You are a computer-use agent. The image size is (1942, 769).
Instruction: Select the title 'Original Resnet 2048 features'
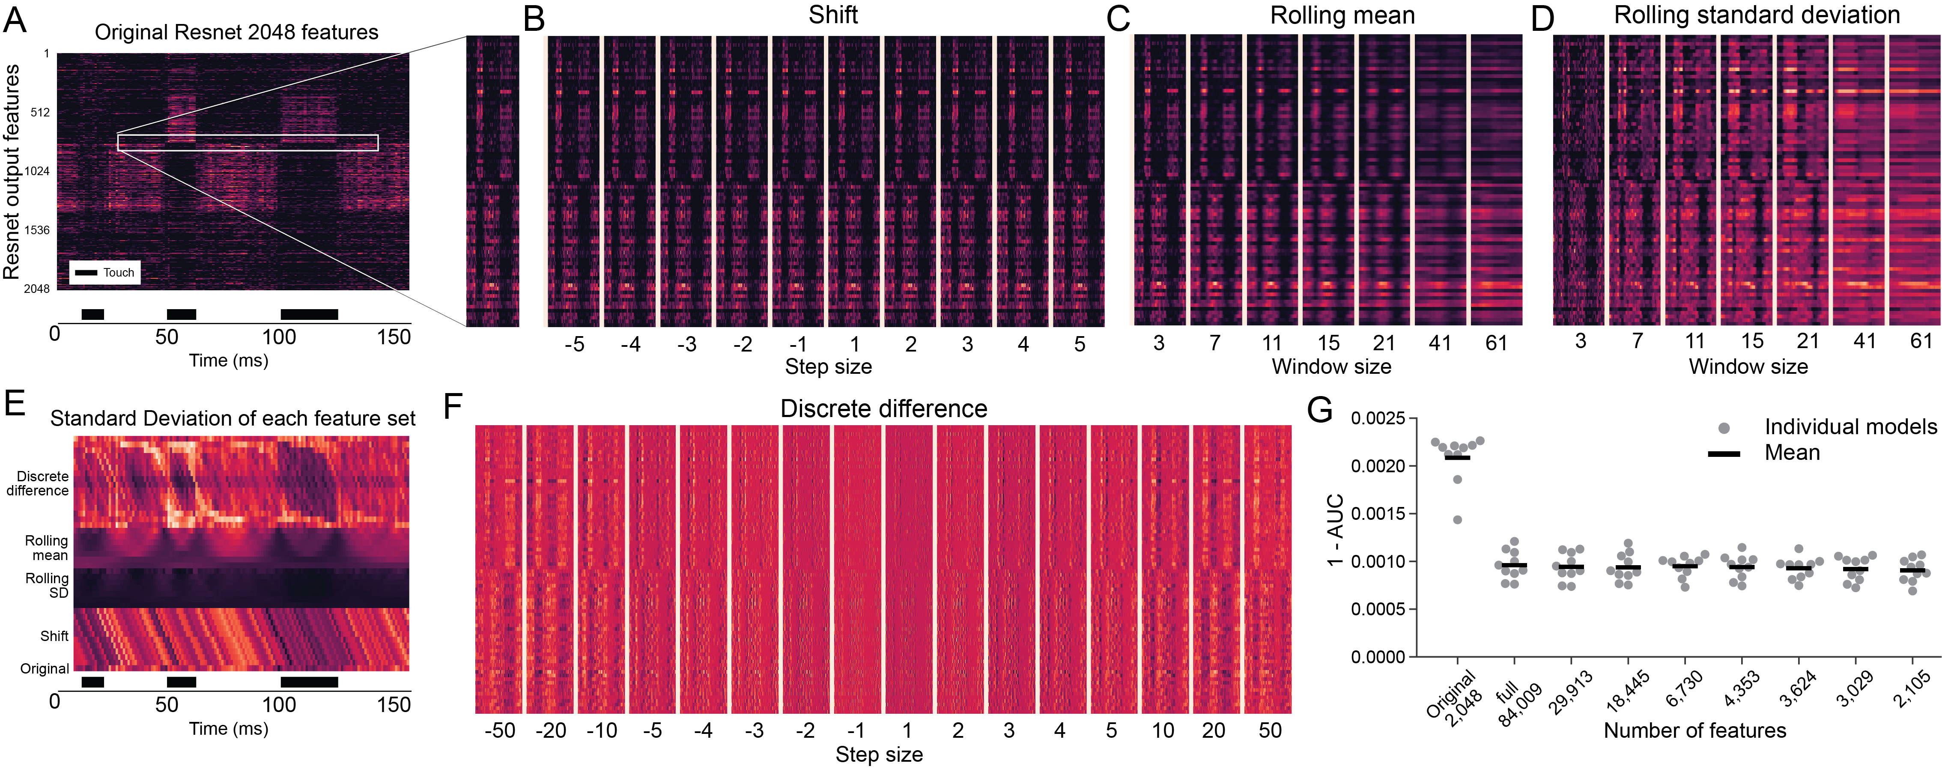[236, 33]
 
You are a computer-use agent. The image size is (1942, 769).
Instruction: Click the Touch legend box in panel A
[105, 272]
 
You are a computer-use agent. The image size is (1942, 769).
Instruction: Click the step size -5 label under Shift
[574, 345]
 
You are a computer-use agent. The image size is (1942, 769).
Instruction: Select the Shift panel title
[832, 15]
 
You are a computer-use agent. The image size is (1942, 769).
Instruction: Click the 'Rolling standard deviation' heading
[1757, 15]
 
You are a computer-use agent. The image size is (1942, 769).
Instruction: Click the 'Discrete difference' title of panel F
[883, 408]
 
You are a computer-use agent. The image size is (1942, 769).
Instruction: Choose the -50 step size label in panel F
[500, 730]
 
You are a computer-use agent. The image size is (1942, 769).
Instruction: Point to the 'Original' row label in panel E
[45, 669]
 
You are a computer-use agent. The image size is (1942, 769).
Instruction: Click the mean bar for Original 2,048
[1456, 458]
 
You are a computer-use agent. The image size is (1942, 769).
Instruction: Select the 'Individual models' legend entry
[1850, 427]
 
